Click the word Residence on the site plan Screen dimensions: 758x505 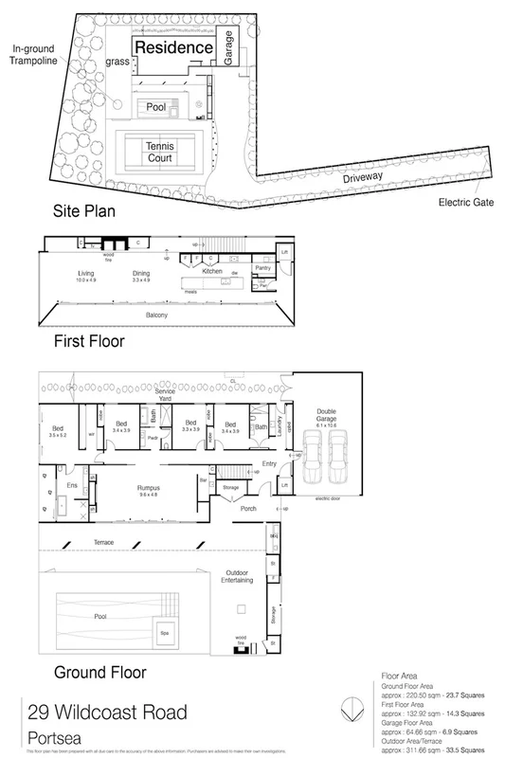click(171, 46)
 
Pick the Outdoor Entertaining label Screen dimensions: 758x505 click(237, 577)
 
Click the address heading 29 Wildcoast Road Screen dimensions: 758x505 click(106, 712)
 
